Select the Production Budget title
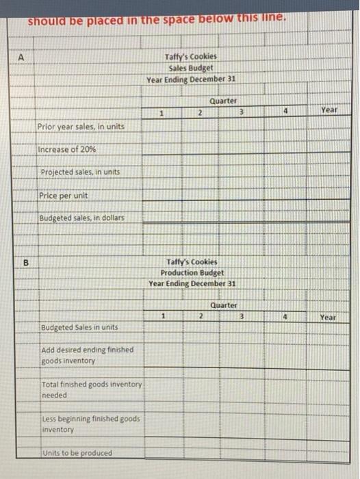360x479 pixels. point(192,272)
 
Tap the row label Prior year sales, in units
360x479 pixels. point(81,127)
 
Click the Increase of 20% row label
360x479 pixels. point(68,149)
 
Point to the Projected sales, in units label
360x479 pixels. point(80,172)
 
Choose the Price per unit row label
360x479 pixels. point(64,196)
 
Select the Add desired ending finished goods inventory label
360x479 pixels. point(87,355)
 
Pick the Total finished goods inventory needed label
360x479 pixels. point(91,390)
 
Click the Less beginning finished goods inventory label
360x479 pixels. point(90,424)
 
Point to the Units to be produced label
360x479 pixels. point(77,452)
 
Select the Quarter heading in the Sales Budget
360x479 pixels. point(223,100)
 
